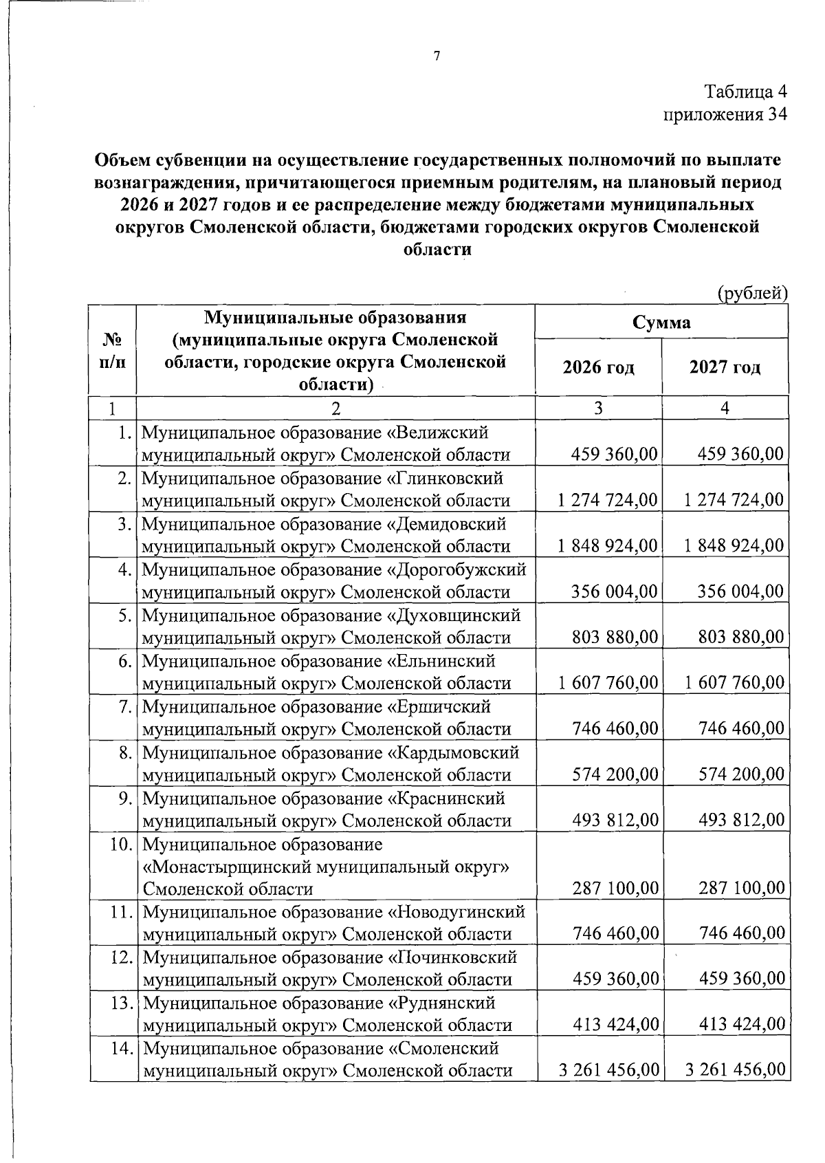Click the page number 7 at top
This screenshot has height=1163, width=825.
437,56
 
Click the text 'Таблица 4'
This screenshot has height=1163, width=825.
745,91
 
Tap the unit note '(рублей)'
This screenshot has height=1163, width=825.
751,294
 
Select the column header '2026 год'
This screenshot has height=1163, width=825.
598,367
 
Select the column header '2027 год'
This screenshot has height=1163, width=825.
725,367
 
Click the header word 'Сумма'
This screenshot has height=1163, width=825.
661,322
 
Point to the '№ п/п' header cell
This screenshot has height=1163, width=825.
113,351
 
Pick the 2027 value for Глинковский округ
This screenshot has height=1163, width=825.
734,499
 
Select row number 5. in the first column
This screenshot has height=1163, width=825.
124,615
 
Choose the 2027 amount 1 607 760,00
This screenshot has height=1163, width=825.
734,682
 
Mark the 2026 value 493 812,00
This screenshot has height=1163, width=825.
615,820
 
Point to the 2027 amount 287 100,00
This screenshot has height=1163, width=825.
741,889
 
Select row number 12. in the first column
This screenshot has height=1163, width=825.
121,957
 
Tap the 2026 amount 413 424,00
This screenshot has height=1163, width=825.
615,1025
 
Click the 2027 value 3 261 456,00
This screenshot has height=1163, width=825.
734,1070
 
